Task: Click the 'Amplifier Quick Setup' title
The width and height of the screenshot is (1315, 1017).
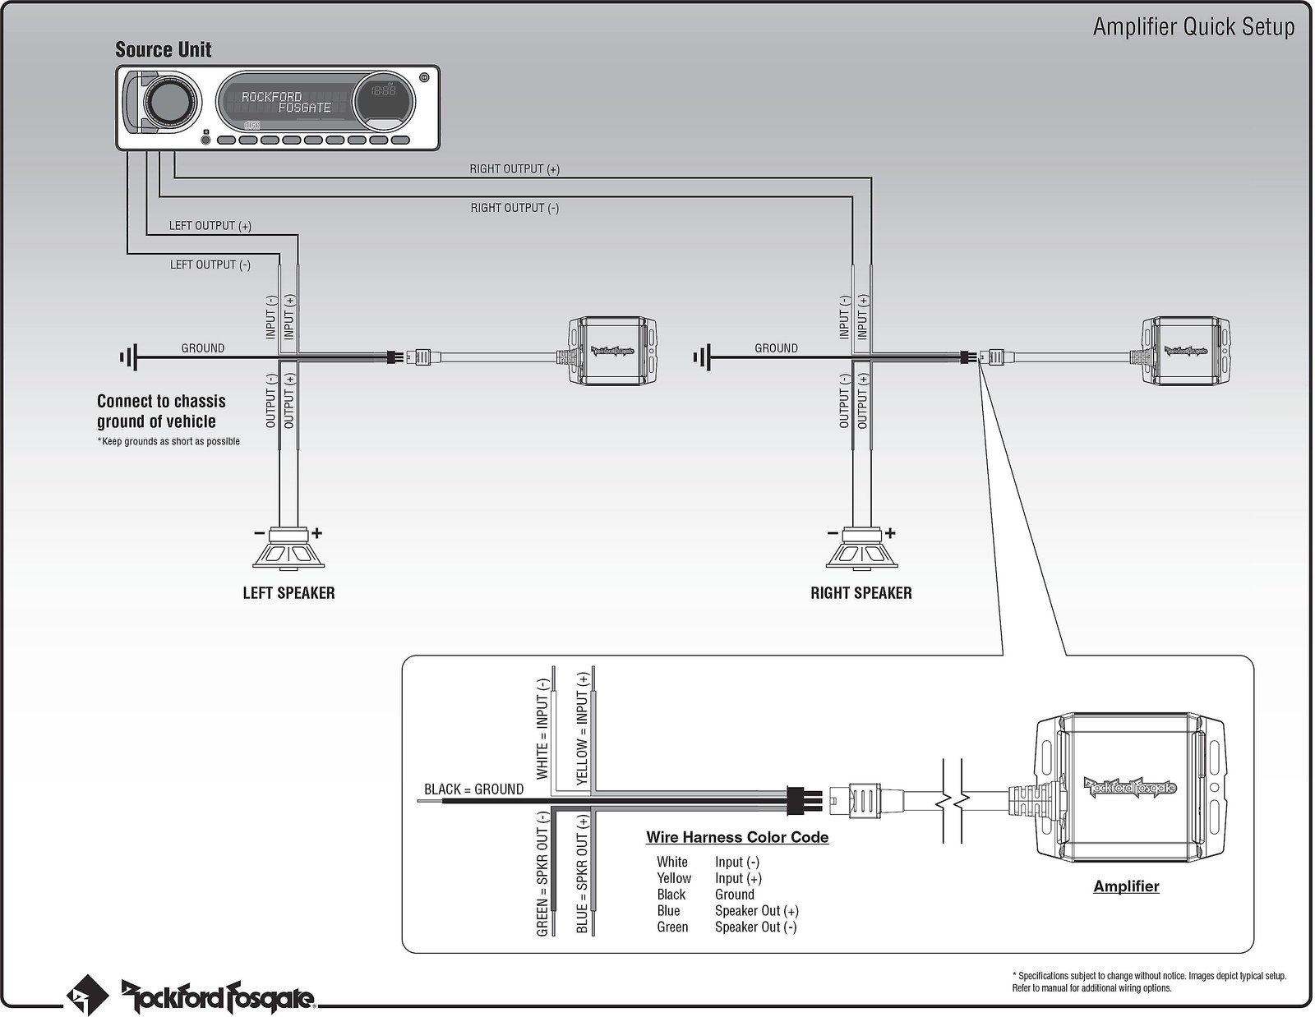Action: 1193,27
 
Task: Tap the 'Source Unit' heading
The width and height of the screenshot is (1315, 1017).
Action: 163,50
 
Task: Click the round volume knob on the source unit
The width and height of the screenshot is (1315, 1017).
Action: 171,103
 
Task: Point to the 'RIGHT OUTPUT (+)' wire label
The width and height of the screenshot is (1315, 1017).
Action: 514,169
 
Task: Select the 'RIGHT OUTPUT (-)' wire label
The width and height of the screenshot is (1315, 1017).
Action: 514,209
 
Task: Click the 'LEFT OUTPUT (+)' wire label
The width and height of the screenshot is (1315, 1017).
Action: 210,226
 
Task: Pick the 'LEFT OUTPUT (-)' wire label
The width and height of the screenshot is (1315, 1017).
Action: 210,265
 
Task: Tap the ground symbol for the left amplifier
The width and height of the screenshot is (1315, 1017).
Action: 129,357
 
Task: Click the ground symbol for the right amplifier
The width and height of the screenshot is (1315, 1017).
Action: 703,357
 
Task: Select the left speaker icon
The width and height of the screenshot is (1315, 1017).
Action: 288,550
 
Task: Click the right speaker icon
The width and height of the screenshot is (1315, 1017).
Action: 861,550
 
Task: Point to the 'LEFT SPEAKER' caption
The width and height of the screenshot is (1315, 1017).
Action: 288,593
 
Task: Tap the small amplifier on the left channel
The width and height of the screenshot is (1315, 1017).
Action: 612,351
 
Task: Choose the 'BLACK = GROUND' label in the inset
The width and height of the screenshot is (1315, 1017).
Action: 473,789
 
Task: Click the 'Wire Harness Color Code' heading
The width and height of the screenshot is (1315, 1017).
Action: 737,838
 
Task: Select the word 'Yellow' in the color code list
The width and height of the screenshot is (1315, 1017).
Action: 674,878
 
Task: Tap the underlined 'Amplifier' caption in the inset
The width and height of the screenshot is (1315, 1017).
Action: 1126,886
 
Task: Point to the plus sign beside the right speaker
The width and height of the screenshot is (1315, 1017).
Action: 890,533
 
